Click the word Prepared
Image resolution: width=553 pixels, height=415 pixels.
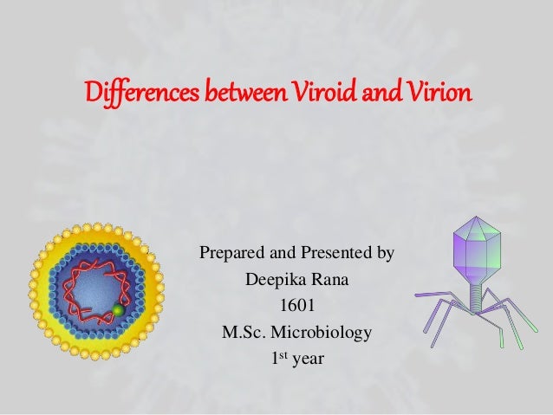[x=232, y=255]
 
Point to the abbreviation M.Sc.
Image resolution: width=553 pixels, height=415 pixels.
[x=247, y=331]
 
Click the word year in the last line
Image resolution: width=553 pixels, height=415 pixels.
[x=308, y=357]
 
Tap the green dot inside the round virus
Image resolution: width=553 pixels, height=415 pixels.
[x=118, y=309]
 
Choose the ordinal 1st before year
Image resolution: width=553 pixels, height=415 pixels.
[x=279, y=356]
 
